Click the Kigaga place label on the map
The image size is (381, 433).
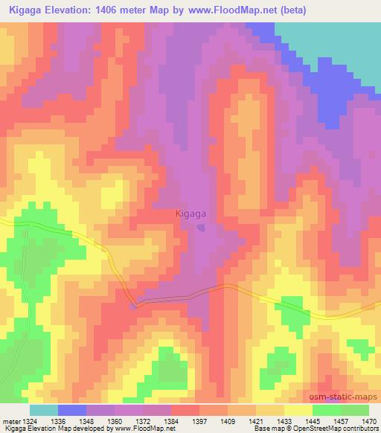[191, 214]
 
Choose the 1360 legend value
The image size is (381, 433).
[115, 421]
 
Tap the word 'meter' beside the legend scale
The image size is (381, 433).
[12, 421]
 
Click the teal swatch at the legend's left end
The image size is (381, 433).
[44, 410]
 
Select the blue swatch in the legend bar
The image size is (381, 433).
[72, 410]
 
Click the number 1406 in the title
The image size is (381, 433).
[116, 10]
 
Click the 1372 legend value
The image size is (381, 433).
[144, 421]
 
